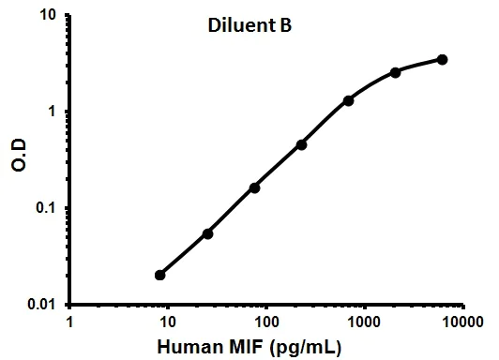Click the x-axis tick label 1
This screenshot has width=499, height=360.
tap(70, 322)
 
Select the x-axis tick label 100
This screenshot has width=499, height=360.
tap(266, 322)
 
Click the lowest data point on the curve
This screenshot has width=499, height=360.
tap(160, 275)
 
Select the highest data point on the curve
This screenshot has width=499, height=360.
tap(443, 60)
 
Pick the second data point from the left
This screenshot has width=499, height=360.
tap(207, 233)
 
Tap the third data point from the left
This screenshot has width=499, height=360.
tap(254, 187)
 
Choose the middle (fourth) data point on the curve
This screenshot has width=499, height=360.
tap(301, 144)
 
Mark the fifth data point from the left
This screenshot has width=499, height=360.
tap(348, 100)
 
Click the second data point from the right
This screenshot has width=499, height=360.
tap(395, 72)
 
